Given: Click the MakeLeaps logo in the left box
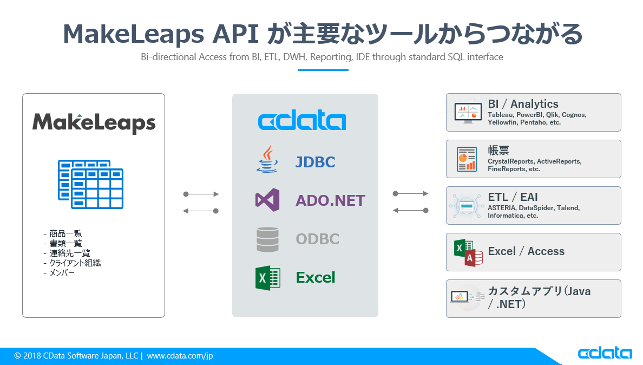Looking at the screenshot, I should tap(94, 122).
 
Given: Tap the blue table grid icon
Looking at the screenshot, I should tap(91, 184).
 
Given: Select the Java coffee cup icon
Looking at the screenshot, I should tap(266, 160).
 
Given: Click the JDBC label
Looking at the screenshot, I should tap(315, 162).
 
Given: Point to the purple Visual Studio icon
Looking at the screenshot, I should tap(267, 200).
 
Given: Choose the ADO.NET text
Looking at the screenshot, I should tap(330, 201).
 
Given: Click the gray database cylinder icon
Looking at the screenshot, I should tap(267, 239).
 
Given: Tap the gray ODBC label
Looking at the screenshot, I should tap(317, 239).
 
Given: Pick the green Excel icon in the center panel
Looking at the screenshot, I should tap(267, 278).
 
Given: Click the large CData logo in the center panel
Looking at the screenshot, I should tap(302, 121).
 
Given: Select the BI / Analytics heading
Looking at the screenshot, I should tap(523, 103).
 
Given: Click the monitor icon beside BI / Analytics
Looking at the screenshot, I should tap(467, 113).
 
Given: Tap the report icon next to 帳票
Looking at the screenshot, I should tap(467, 159).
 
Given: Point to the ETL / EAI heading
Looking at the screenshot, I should tap(513, 197).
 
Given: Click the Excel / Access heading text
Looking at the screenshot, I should tap(526, 251).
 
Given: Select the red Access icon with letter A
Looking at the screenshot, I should tap(474, 258).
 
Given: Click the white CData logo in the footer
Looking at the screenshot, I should tap(605, 354).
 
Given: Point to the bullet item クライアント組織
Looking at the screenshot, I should tap(75, 263).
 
